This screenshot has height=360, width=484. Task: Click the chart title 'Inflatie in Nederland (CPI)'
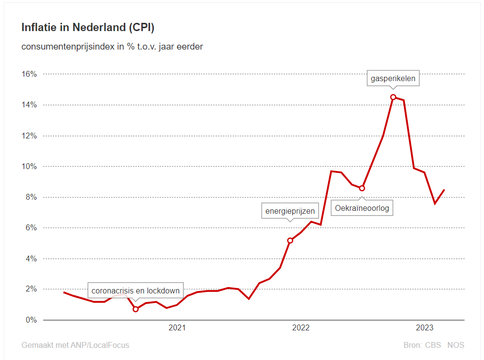pyautogui.click(x=88, y=28)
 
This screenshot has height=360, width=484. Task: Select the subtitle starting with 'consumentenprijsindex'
pyautogui.click(x=112, y=47)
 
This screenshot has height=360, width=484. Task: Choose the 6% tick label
pyautogui.click(x=31, y=228)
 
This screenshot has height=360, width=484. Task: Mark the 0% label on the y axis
pyautogui.click(x=31, y=320)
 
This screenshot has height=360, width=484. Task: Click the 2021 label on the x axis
pyautogui.click(x=177, y=328)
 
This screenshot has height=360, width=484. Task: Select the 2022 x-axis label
pyautogui.click(x=301, y=328)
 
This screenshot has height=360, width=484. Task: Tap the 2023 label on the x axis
pyautogui.click(x=425, y=328)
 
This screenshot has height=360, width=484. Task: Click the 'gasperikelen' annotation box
pyautogui.click(x=393, y=78)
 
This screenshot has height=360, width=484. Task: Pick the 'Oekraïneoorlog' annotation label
pyautogui.click(x=362, y=209)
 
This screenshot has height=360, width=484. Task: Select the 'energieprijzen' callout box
pyautogui.click(x=290, y=211)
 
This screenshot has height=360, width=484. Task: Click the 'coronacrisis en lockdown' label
pyautogui.click(x=135, y=291)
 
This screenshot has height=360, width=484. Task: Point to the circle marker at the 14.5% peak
pyautogui.click(x=393, y=97)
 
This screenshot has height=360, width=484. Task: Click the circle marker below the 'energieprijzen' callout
pyautogui.click(x=290, y=240)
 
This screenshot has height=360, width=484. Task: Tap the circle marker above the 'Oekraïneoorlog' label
pyautogui.click(x=362, y=188)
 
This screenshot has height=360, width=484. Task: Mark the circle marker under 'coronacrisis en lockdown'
pyautogui.click(x=135, y=309)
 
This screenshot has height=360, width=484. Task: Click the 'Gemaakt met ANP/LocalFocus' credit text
pyautogui.click(x=75, y=345)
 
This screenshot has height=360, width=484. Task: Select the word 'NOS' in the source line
pyautogui.click(x=455, y=345)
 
